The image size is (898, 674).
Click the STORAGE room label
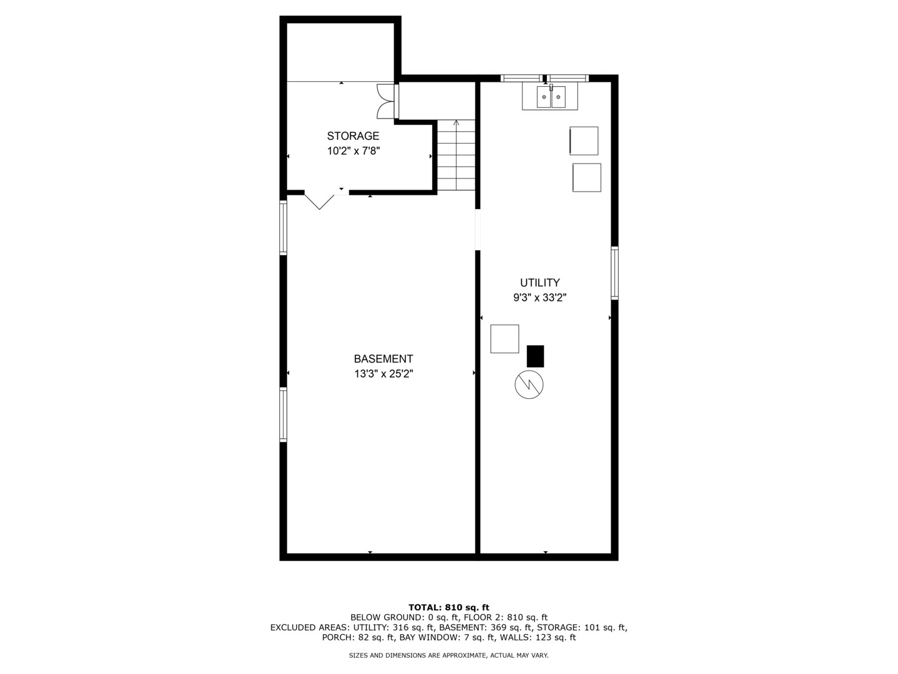pyautogui.click(x=353, y=136)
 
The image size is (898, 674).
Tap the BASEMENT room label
pyautogui.click(x=383, y=359)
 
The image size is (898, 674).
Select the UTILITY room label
pyautogui.click(x=539, y=283)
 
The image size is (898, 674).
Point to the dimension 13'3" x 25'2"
pyautogui.click(x=383, y=374)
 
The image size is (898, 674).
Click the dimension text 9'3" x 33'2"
pyautogui.click(x=539, y=298)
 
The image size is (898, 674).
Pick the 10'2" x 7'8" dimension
pyautogui.click(x=353, y=151)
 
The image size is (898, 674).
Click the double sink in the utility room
pyautogui.click(x=550, y=97)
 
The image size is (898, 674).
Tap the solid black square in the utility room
pyautogui.click(x=535, y=356)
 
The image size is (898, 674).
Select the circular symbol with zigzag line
pyautogui.click(x=529, y=386)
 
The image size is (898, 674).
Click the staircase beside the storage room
pyautogui.click(x=456, y=156)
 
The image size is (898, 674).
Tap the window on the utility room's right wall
pyautogui.click(x=614, y=273)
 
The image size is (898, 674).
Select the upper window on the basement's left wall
pyautogui.click(x=283, y=228)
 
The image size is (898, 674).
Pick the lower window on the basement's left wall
pyautogui.click(x=283, y=414)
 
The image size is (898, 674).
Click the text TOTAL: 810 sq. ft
pyautogui.click(x=448, y=607)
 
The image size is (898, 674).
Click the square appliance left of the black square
pyautogui.click(x=505, y=339)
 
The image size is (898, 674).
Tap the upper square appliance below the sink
pyautogui.click(x=584, y=141)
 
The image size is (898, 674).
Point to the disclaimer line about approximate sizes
pyautogui.click(x=448, y=655)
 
